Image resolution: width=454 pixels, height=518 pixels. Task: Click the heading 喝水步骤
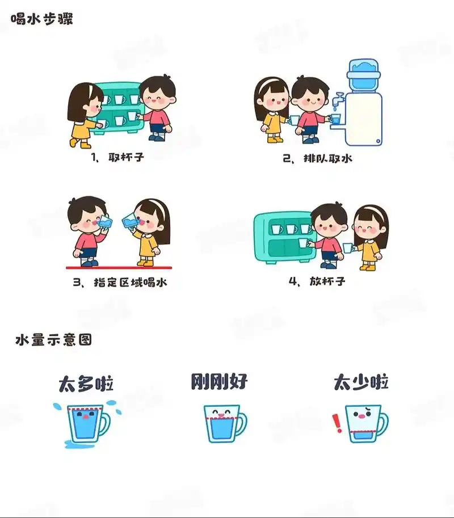click(42, 19)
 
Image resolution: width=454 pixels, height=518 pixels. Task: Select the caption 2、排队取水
click(318, 158)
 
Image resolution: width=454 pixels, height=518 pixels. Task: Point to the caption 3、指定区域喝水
click(120, 282)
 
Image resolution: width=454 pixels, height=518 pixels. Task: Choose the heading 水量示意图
click(54, 340)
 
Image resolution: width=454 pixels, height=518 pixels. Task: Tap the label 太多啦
click(86, 384)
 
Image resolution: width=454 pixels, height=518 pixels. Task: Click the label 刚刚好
click(220, 381)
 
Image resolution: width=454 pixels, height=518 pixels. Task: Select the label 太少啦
click(361, 382)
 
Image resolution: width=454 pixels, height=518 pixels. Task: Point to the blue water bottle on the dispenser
click(363, 74)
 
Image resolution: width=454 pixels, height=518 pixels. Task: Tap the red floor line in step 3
click(119, 267)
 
